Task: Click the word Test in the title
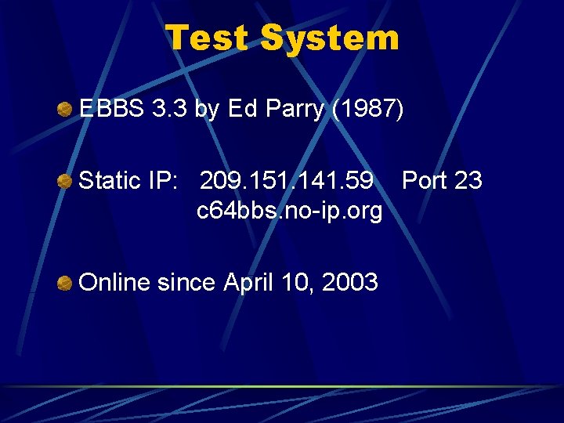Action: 209,37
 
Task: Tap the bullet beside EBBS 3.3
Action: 65,110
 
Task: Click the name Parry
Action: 295,110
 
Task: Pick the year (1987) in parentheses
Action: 368,110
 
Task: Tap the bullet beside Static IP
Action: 65,182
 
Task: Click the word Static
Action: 110,181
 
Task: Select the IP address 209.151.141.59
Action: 287,181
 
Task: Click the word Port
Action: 425,181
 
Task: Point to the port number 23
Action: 468,181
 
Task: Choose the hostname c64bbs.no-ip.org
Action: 289,211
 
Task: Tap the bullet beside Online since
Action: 65,282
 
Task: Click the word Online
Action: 114,282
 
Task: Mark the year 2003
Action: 349,282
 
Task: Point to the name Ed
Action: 242,110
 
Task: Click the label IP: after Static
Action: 164,181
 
